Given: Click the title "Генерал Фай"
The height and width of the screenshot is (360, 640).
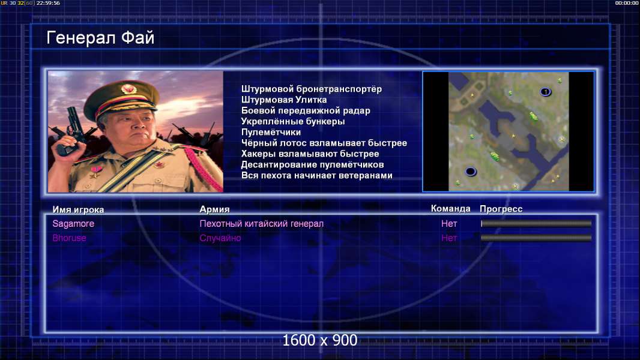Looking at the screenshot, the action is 100,38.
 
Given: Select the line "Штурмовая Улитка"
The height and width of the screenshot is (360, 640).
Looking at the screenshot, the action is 283,100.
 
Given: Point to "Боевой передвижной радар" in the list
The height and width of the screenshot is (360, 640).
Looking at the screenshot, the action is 306,110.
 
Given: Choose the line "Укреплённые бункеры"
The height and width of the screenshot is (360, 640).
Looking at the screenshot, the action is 292,121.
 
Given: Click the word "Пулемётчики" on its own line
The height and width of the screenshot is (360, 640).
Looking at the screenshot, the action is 271,132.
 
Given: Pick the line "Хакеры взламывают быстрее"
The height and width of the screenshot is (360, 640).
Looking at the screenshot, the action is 310,154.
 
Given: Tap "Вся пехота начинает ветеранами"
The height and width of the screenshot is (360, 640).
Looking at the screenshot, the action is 317,175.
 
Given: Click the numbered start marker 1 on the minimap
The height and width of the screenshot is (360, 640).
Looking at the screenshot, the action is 545,92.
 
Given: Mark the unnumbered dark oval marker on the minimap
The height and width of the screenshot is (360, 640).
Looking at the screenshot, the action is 471,171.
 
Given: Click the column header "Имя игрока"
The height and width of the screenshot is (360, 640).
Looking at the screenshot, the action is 78,209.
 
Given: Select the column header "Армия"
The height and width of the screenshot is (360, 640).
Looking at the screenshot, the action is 214,209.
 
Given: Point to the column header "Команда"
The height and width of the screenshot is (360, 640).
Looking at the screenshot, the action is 451,209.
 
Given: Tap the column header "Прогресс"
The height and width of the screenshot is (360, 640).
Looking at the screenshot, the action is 501,209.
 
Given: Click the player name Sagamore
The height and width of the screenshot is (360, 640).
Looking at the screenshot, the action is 73,223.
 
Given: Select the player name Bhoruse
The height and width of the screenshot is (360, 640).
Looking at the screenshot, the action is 69,238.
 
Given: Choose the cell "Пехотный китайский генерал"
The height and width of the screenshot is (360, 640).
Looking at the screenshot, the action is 261,224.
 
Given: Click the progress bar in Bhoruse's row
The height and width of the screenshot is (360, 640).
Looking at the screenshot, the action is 536,238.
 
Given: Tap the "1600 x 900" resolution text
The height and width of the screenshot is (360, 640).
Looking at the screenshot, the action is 319,340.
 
